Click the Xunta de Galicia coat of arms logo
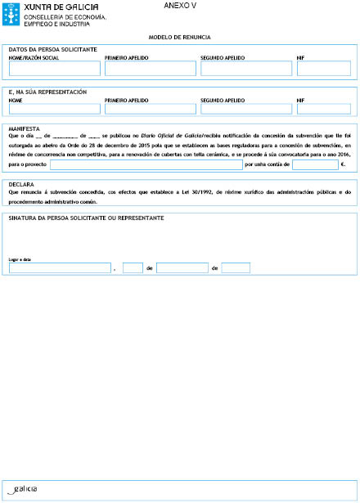pos(11,16)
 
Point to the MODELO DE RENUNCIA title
pos(180,38)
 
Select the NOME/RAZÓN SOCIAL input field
pos(53,69)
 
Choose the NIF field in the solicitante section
pos(323,69)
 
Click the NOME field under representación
pos(53,109)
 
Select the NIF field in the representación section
pos(323,109)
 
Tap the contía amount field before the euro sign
pos(314,164)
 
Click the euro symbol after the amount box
pos(342,165)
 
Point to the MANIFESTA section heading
pos(25,129)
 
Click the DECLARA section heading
pos(21,185)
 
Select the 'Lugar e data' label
pos(19,258)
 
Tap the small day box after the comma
pos(133,267)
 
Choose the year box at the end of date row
pos(236,267)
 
